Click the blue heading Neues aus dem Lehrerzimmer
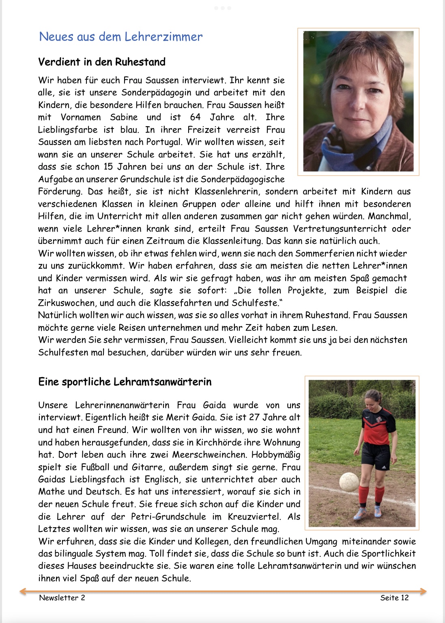pyautogui.click(x=120, y=37)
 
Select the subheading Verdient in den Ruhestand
pyautogui.click(x=102, y=62)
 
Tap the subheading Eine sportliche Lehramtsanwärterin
pyautogui.click(x=125, y=382)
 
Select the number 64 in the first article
pyautogui.click(x=195, y=117)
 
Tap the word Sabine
pyautogui.click(x=124, y=117)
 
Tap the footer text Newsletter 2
pyautogui.click(x=62, y=597)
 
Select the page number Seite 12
pyautogui.click(x=394, y=597)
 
